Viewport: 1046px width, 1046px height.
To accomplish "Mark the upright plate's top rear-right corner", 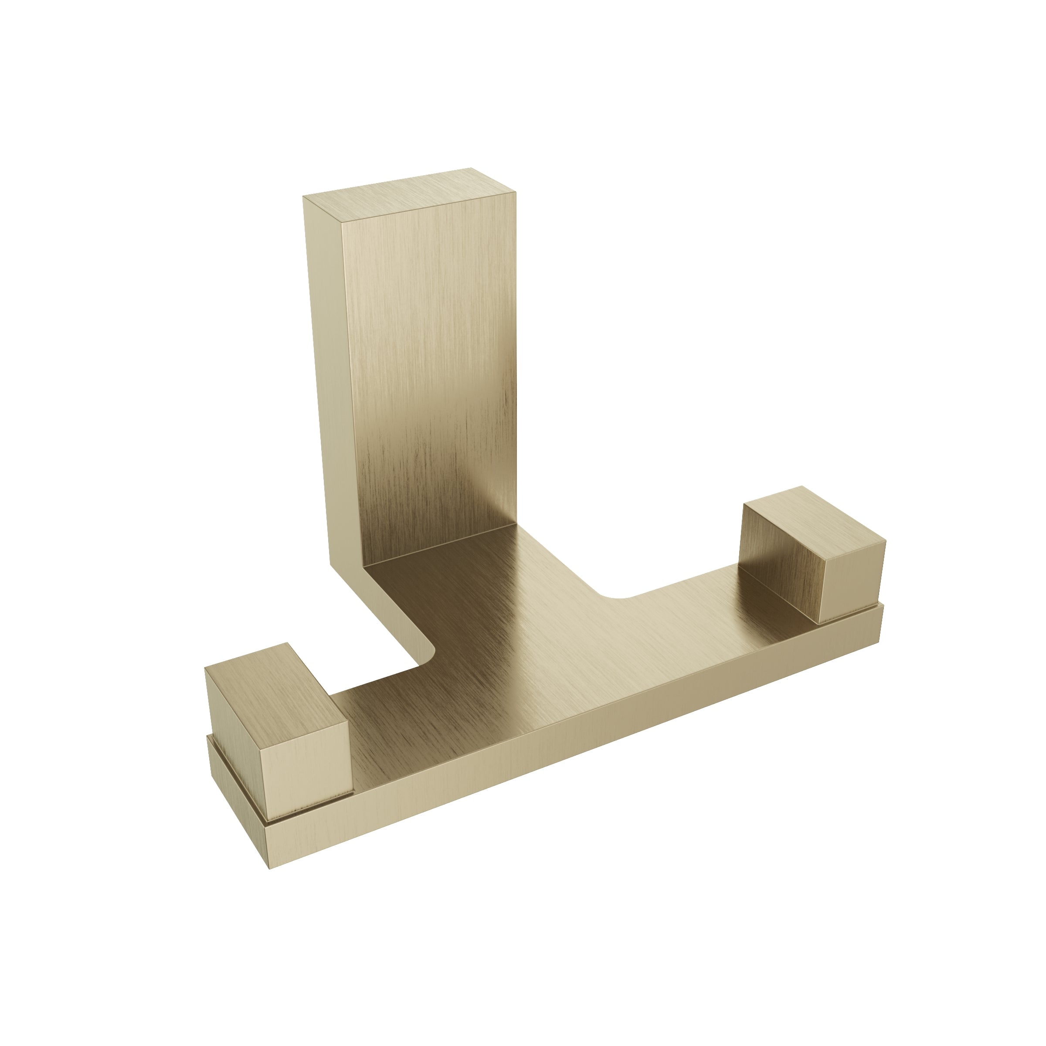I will coord(471,168).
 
